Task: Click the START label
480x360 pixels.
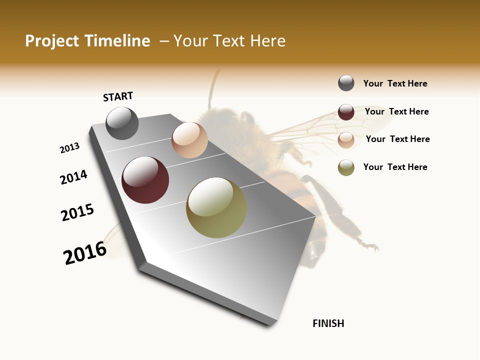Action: coord(118,96)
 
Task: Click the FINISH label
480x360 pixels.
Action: coord(328,323)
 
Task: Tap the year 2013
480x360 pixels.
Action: coord(70,148)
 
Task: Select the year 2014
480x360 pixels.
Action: coord(74,177)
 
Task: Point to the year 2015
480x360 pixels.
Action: coord(77,212)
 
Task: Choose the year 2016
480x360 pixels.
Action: coord(85,253)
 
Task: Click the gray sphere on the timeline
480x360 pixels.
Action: coord(122,123)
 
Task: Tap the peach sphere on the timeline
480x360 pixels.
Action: coord(189,140)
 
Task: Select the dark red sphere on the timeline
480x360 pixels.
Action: coord(145,180)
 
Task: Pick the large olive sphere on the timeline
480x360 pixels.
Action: coord(216,207)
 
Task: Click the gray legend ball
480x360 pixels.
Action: coord(346,83)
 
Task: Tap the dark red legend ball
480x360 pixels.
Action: coord(346,112)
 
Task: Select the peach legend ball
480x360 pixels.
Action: coord(346,140)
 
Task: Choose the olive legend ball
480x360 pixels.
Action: coord(346,167)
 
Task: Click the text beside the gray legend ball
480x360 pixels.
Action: coord(395,83)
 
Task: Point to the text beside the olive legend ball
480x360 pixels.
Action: coord(395,167)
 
